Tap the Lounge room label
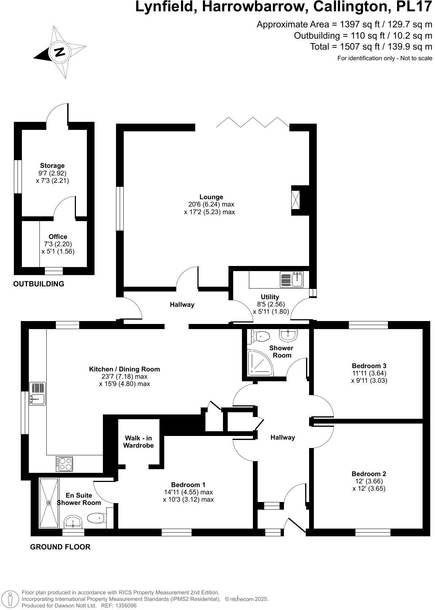[x=211, y=197]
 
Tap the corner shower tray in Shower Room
[x=260, y=363]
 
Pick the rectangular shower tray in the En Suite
[x=49, y=502]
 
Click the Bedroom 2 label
[x=369, y=474]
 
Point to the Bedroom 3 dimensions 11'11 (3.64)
[x=369, y=373]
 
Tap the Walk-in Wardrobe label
[x=138, y=441]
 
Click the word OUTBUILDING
[x=39, y=283]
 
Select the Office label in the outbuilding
[x=58, y=236]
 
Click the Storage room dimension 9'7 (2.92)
[x=52, y=173]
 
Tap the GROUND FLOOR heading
[x=60, y=547]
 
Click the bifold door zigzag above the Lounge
[x=253, y=122]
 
